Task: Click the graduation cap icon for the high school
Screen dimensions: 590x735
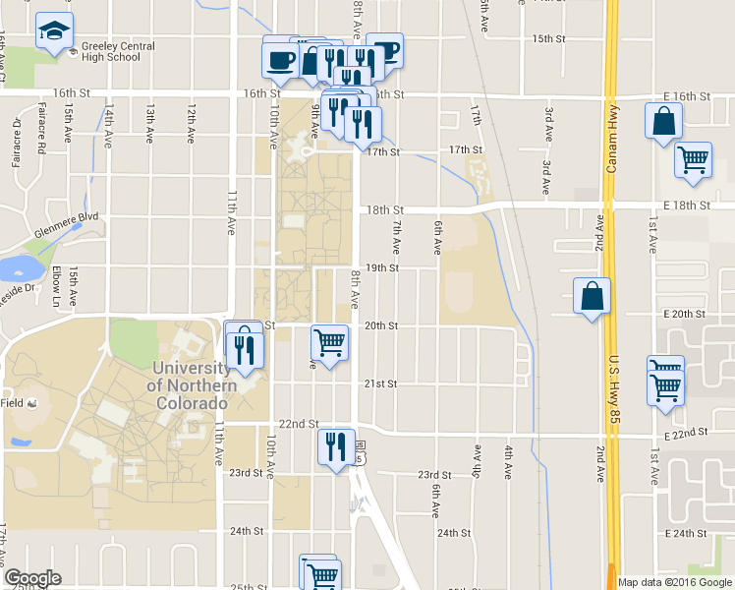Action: coord(54,31)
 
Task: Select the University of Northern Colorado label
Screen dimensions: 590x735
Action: coord(192,377)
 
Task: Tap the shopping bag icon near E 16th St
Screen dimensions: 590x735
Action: coord(663,121)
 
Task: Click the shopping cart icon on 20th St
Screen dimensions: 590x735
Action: coord(329,342)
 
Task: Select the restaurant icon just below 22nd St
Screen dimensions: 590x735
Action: coord(335,447)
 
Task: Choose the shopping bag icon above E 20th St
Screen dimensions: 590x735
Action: coord(593,296)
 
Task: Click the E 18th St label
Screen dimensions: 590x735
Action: coord(687,204)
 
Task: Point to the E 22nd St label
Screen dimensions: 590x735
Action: coord(686,435)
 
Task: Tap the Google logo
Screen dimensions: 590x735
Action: coord(32,578)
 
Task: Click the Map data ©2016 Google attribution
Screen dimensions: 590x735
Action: coord(674,582)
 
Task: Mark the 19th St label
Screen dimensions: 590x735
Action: coord(382,267)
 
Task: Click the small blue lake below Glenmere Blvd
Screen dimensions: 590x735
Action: coord(18,267)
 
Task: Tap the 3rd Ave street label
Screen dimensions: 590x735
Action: coord(545,120)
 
